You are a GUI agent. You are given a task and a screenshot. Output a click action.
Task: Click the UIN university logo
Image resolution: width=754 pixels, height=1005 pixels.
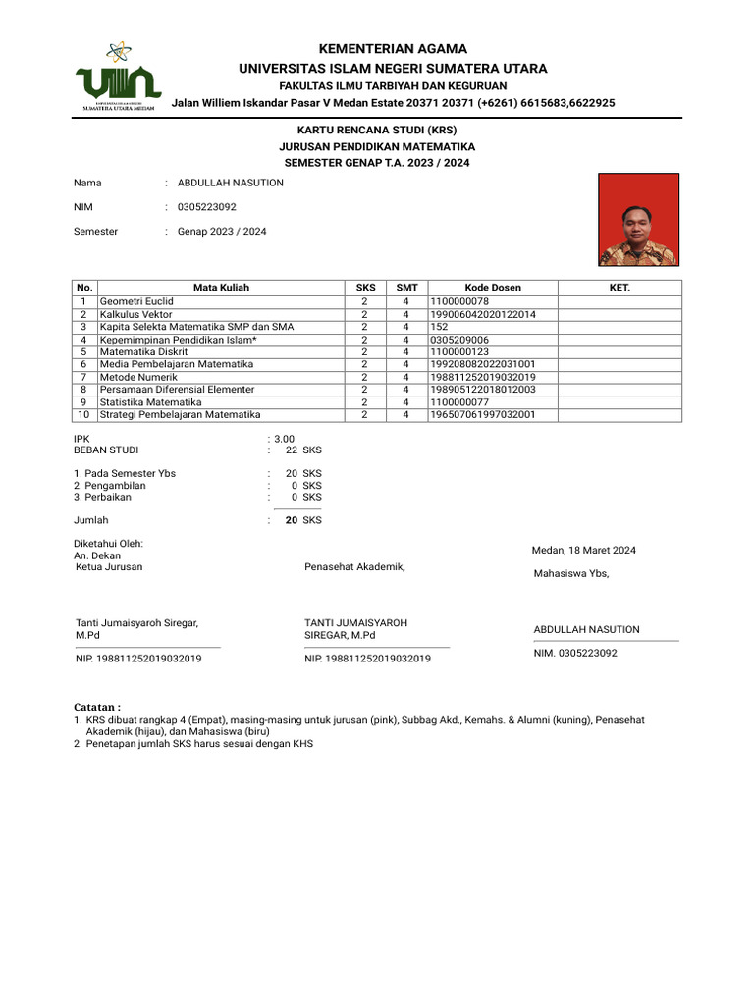pyautogui.click(x=118, y=78)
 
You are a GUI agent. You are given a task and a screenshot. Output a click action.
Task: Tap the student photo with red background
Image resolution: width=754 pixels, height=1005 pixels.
pyautogui.click(x=638, y=220)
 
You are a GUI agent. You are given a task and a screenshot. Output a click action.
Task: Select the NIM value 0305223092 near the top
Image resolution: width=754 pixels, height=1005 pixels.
pyautogui.click(x=206, y=207)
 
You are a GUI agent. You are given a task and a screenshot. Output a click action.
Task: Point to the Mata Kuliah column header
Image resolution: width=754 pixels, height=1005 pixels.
pyautogui.click(x=221, y=288)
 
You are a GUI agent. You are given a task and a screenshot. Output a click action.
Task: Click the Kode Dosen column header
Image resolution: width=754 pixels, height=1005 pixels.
pyautogui.click(x=493, y=288)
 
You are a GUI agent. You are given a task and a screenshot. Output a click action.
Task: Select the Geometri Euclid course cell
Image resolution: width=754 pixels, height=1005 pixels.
pyautogui.click(x=136, y=301)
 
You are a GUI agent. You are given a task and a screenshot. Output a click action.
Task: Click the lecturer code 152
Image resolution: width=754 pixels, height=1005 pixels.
pyautogui.click(x=439, y=327)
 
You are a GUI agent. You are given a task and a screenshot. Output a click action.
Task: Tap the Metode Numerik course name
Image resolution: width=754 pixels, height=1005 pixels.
pyautogui.click(x=138, y=377)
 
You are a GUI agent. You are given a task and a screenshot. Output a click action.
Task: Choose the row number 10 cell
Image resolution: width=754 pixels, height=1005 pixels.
pyautogui.click(x=84, y=415)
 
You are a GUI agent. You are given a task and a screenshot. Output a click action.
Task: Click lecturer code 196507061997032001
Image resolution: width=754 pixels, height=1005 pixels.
pyautogui.click(x=482, y=415)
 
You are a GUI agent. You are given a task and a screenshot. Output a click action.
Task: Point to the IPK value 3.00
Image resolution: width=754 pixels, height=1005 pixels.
pyautogui.click(x=284, y=439)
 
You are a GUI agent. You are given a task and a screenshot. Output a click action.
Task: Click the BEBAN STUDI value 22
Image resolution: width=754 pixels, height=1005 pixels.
pyautogui.click(x=292, y=450)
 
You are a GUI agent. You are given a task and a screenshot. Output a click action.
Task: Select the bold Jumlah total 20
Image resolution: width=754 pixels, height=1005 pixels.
pyautogui.click(x=292, y=520)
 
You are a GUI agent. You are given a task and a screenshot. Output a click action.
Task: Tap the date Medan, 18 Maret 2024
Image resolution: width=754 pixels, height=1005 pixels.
pyautogui.click(x=583, y=550)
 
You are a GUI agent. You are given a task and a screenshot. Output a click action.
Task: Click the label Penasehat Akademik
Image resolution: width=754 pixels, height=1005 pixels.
pyautogui.click(x=354, y=567)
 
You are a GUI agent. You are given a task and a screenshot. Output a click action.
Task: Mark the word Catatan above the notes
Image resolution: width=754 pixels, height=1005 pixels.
pyautogui.click(x=97, y=707)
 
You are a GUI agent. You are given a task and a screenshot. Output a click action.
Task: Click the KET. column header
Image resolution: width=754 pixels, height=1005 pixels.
pyautogui.click(x=619, y=288)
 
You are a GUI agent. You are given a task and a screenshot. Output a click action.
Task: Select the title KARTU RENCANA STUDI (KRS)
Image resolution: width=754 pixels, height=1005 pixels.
pyautogui.click(x=378, y=130)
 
